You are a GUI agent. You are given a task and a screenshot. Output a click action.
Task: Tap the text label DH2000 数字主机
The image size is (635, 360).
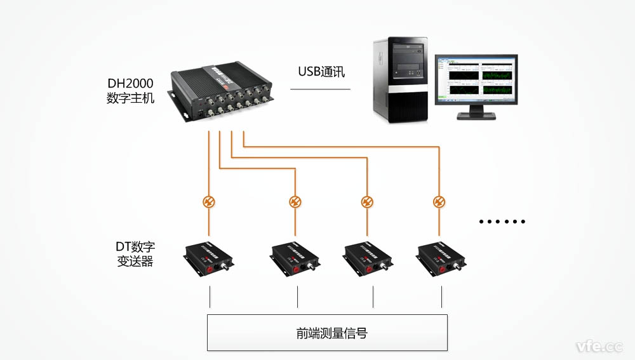pyautogui.click(x=130, y=91)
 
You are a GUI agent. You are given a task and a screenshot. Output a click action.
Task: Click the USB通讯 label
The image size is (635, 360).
pyautogui.click(x=321, y=71)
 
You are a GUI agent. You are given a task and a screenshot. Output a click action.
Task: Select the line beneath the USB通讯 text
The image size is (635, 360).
pyautogui.click(x=320, y=89)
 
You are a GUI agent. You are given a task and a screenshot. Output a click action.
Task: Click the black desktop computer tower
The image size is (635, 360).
pyautogui.click(x=400, y=79)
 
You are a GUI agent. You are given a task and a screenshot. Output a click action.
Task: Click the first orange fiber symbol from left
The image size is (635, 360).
pyautogui.click(x=208, y=202)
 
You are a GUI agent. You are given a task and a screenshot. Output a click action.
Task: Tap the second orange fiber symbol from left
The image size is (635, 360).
pyautogui.click(x=295, y=202)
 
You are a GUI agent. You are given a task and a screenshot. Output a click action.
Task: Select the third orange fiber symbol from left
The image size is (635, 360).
pyautogui.click(x=367, y=202)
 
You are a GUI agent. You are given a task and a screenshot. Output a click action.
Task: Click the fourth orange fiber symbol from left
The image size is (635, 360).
pyautogui.click(x=439, y=202)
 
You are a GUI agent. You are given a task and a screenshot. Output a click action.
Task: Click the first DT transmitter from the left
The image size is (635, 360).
pyautogui.click(x=208, y=258)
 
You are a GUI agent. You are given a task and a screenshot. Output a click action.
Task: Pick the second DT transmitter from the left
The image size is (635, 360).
pyautogui.click(x=295, y=258)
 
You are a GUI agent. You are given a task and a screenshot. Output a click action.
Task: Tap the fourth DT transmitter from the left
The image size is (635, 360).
pyautogui.click(x=440, y=258)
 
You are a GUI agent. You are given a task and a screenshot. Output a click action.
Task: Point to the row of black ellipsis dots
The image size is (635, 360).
pyautogui.click(x=502, y=222)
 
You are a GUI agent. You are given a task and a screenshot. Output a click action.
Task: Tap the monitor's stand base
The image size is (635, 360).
pyautogui.click(x=477, y=117)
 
